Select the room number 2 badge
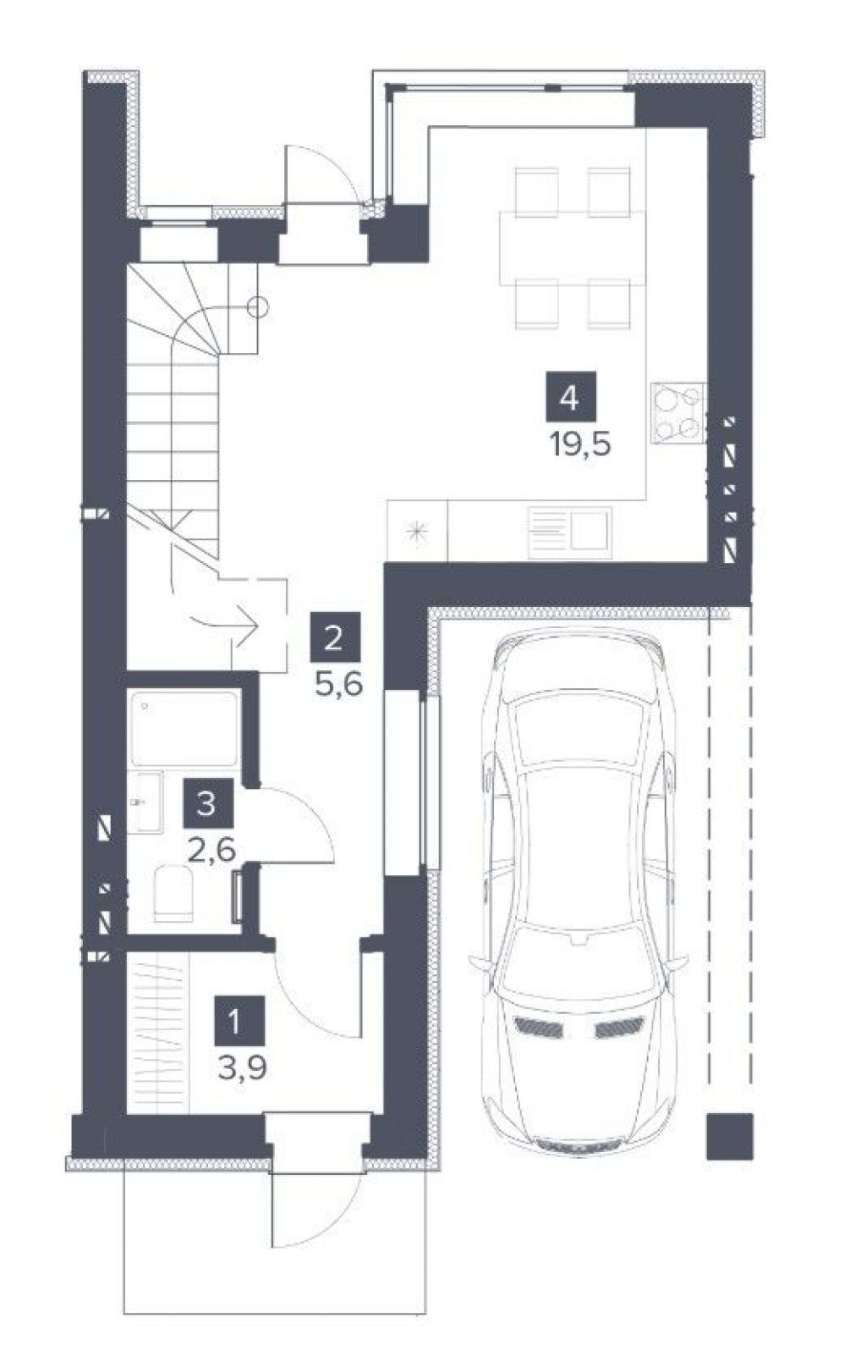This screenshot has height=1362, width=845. [335, 637]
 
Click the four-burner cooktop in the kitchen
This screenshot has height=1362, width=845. [678, 411]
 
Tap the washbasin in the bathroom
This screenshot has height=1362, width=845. [145, 802]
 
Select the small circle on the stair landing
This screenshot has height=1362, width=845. [258, 307]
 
